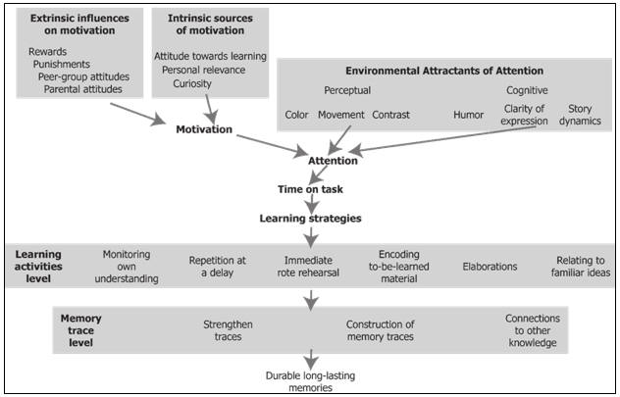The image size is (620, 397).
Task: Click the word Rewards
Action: pyautogui.click(x=47, y=52)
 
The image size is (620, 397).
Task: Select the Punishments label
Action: pyautogui.click(x=61, y=64)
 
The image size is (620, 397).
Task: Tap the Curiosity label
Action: pyautogui.click(x=192, y=83)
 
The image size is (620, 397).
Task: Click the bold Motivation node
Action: pyautogui.click(x=204, y=129)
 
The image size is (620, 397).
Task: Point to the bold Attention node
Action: pyautogui.click(x=333, y=161)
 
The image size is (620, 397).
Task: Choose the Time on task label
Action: pyautogui.click(x=310, y=189)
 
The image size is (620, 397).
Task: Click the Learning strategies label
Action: pyautogui.click(x=310, y=219)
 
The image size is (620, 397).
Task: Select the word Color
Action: pyautogui.click(x=296, y=115)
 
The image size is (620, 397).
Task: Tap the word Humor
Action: pyautogui.click(x=469, y=115)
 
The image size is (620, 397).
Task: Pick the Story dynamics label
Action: pyautogui.click(x=580, y=115)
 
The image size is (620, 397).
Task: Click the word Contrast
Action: pyautogui.click(x=391, y=115)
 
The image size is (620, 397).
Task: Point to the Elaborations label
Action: pyautogui.click(x=490, y=267)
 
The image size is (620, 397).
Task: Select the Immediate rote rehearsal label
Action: pyautogui.click(x=308, y=267)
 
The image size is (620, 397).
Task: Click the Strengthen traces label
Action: pyautogui.click(x=229, y=330)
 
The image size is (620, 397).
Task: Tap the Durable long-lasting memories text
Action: pyautogui.click(x=310, y=381)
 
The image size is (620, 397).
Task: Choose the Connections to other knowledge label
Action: pyautogui.click(x=533, y=330)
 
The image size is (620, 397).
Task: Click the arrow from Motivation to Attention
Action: pyautogui.click(x=272, y=145)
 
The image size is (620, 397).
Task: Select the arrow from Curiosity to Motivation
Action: pyautogui.click(x=211, y=110)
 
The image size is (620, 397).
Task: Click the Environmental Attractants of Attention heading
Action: pyautogui.click(x=444, y=71)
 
